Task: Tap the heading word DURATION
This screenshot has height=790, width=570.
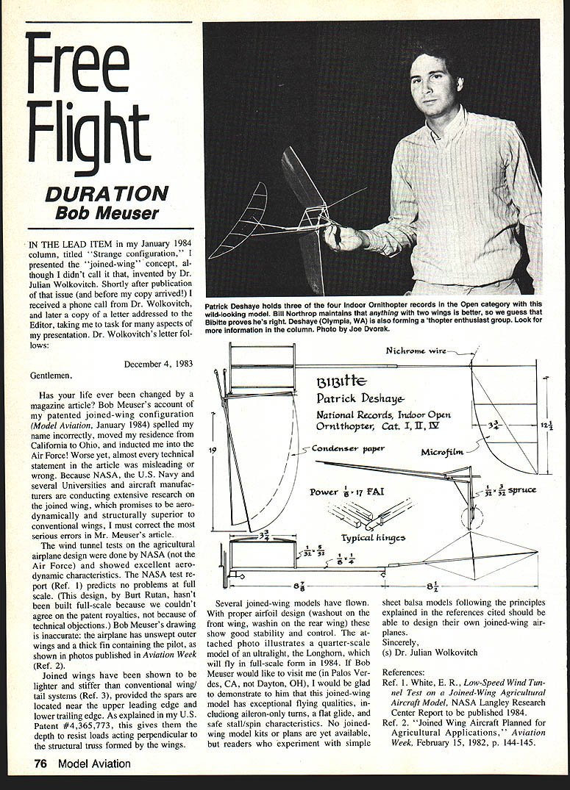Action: point(107,194)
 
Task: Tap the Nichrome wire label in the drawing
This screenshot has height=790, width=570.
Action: point(415,351)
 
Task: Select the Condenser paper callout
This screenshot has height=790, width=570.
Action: point(349,448)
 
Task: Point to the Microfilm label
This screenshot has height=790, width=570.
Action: point(441,452)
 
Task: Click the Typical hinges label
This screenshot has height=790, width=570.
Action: point(373,537)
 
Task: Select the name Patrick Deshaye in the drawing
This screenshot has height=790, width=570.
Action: point(360,399)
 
